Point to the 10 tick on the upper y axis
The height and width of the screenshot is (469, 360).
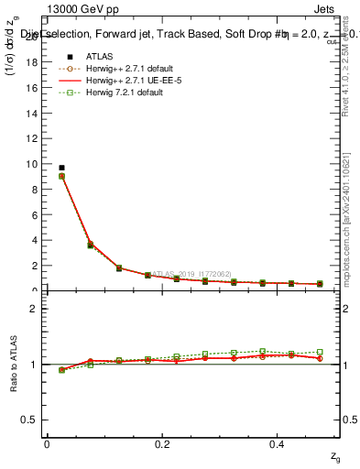click(x=36, y=164)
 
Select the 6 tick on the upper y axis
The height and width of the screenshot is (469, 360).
click(x=38, y=215)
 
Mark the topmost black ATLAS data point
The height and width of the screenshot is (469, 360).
click(x=61, y=168)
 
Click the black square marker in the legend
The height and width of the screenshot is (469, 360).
click(x=70, y=56)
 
